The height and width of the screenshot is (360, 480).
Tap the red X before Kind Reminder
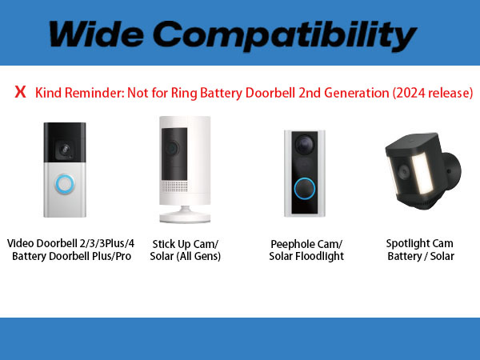click(x=20, y=92)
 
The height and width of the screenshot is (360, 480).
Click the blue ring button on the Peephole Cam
click(x=303, y=190)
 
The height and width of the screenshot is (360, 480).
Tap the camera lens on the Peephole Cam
click(x=304, y=142)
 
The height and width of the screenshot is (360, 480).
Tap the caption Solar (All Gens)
click(x=186, y=256)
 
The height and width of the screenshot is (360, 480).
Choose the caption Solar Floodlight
click(x=307, y=256)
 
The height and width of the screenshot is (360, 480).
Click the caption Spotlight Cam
click(x=419, y=243)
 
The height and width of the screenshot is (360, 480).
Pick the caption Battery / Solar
click(x=419, y=256)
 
